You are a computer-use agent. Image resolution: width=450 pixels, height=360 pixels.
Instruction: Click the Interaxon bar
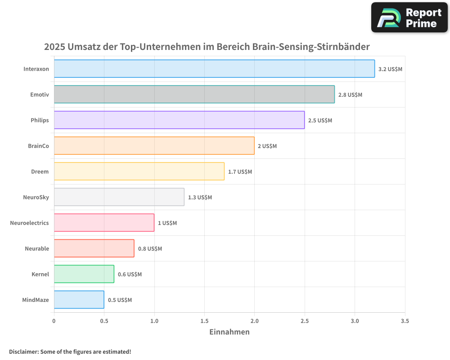[x=214, y=69]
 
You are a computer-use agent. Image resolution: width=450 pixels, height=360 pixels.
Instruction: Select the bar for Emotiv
[x=194, y=94]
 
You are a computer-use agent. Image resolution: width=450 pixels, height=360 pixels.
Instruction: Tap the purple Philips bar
[x=179, y=120]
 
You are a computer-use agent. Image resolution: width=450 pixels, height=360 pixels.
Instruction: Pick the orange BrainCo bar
[x=154, y=146]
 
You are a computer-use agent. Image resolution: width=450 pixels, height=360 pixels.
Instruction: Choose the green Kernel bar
[x=84, y=274]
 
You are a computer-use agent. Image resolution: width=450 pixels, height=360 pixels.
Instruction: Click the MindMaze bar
[x=79, y=300]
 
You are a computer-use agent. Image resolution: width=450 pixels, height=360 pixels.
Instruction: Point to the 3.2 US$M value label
[x=390, y=69]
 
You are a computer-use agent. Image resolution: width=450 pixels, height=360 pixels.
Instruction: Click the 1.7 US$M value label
[x=240, y=172]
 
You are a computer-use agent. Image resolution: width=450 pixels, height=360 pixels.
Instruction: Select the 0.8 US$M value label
[x=150, y=249]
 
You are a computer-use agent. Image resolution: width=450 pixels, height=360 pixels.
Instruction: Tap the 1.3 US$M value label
[x=200, y=198]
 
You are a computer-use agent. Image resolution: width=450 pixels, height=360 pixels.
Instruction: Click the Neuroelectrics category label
[x=29, y=223]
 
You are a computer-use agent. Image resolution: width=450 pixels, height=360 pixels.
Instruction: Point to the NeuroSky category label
[x=36, y=197]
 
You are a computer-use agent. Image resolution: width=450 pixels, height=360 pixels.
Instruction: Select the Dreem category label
[x=40, y=171]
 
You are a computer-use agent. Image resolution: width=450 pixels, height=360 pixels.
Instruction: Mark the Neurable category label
[x=37, y=248]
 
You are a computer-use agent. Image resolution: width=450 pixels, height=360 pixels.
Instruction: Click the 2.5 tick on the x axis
[x=305, y=321]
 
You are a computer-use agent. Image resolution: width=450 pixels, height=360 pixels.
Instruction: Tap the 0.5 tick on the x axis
[x=104, y=321]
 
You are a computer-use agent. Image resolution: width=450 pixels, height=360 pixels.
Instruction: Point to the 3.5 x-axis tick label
[x=405, y=321]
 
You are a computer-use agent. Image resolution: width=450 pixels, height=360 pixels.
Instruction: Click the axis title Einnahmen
[x=229, y=332]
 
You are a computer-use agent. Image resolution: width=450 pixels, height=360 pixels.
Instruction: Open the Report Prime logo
[x=409, y=18]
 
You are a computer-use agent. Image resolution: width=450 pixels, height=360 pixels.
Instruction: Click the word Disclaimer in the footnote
[x=23, y=351]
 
